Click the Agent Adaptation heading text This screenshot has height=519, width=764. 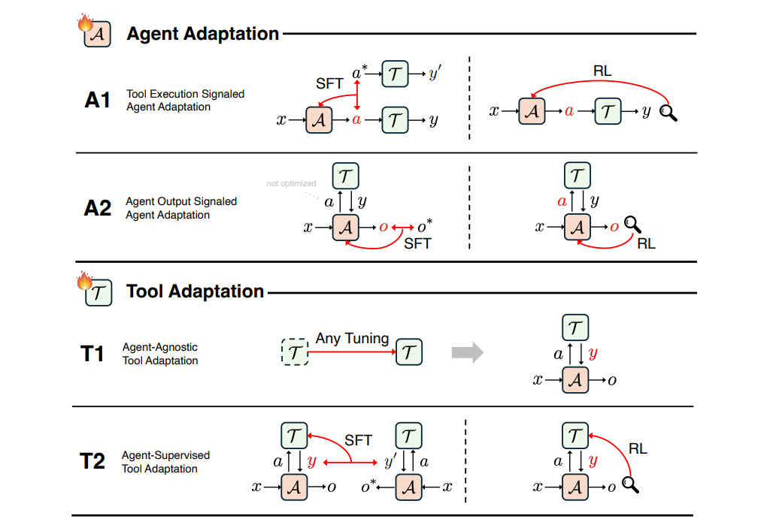point(203,34)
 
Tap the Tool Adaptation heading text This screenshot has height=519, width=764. point(196,291)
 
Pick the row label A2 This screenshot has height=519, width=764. point(98,208)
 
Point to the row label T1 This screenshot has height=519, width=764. point(92,354)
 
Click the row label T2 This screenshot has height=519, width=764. point(92,461)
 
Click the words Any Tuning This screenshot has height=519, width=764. point(352,339)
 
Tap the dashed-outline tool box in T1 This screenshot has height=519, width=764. point(295,352)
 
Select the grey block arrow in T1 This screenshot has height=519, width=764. point(467,352)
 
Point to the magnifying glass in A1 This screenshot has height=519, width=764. point(668,114)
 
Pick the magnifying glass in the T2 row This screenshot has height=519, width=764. point(630,485)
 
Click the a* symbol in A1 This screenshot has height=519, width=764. point(359,74)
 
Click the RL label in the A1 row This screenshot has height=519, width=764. point(602,72)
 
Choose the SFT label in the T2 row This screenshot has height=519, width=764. point(359,439)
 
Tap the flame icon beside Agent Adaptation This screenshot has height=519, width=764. point(84,24)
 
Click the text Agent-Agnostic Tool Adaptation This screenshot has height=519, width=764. point(160,354)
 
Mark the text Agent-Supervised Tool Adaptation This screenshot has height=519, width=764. point(165,462)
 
